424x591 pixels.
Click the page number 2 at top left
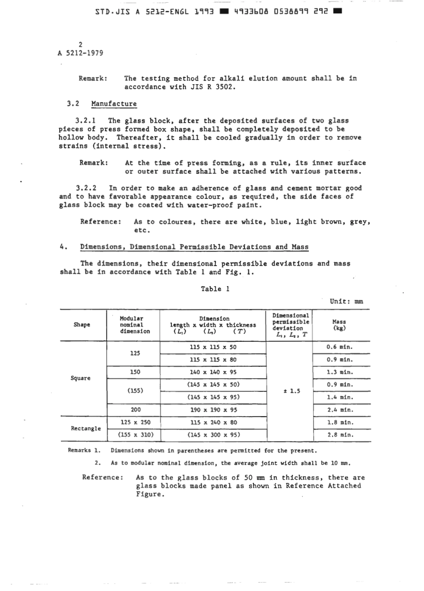80,44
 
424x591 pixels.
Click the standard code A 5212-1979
80,53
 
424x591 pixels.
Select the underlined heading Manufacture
114,104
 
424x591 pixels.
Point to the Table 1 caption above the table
215,289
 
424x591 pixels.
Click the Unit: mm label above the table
346,301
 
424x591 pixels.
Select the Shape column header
82,325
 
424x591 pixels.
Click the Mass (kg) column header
339,325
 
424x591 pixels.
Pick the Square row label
80,378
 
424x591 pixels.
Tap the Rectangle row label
86,428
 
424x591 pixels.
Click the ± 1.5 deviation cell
291,391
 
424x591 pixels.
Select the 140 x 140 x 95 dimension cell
213,372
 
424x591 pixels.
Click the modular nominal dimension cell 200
135,410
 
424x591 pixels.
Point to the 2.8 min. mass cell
340,435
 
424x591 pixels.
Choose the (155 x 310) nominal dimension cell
135,435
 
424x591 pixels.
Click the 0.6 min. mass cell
340,347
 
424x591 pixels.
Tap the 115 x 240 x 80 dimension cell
213,422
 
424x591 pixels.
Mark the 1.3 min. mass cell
340,372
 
